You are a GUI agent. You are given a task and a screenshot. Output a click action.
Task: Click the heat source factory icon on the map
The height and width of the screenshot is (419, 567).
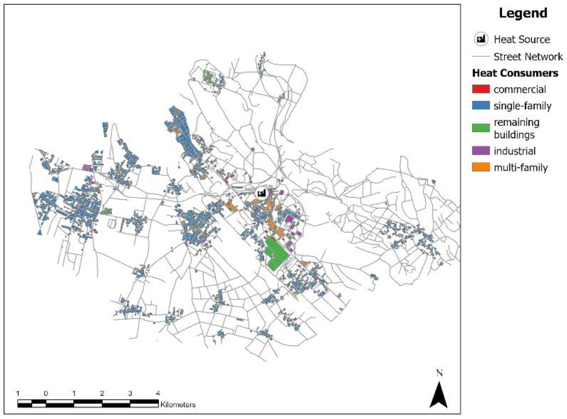[261, 193]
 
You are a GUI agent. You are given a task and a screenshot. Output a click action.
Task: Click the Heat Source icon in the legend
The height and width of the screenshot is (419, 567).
[481, 39]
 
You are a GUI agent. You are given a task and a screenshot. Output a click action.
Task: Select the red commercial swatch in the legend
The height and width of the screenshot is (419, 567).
[481, 89]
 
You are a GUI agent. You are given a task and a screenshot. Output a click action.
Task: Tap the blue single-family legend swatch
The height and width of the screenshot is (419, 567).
[481, 105]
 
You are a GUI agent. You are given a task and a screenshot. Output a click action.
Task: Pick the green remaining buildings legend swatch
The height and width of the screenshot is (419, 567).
[481, 128]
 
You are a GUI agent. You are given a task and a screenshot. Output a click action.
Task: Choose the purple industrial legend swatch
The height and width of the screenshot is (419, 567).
[481, 151]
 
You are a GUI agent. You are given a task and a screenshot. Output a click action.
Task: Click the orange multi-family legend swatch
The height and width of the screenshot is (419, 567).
[481, 167]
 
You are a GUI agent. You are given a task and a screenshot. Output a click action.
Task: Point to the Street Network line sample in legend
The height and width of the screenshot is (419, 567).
[481, 56]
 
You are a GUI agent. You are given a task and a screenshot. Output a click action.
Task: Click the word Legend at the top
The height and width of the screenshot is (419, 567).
[523, 13]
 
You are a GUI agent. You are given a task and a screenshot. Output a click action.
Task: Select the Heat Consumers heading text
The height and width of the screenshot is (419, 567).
[515, 73]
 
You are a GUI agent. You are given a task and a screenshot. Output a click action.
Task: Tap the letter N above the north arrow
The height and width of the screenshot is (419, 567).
[439, 373]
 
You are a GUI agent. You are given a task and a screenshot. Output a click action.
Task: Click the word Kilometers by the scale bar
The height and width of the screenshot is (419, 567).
[178, 405]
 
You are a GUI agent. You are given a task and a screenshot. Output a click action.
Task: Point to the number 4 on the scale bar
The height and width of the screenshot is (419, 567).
[158, 393]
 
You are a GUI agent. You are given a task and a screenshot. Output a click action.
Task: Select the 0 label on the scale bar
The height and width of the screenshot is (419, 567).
[46, 393]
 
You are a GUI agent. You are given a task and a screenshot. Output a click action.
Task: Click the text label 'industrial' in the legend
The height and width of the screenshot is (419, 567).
[515, 151]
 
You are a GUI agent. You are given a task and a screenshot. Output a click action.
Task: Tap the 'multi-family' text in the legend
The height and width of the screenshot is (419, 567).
[521, 167]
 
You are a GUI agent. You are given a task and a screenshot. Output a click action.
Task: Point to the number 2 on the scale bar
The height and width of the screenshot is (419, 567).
[102, 393]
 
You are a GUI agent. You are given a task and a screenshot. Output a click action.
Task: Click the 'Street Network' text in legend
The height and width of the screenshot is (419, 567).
[528, 56]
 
